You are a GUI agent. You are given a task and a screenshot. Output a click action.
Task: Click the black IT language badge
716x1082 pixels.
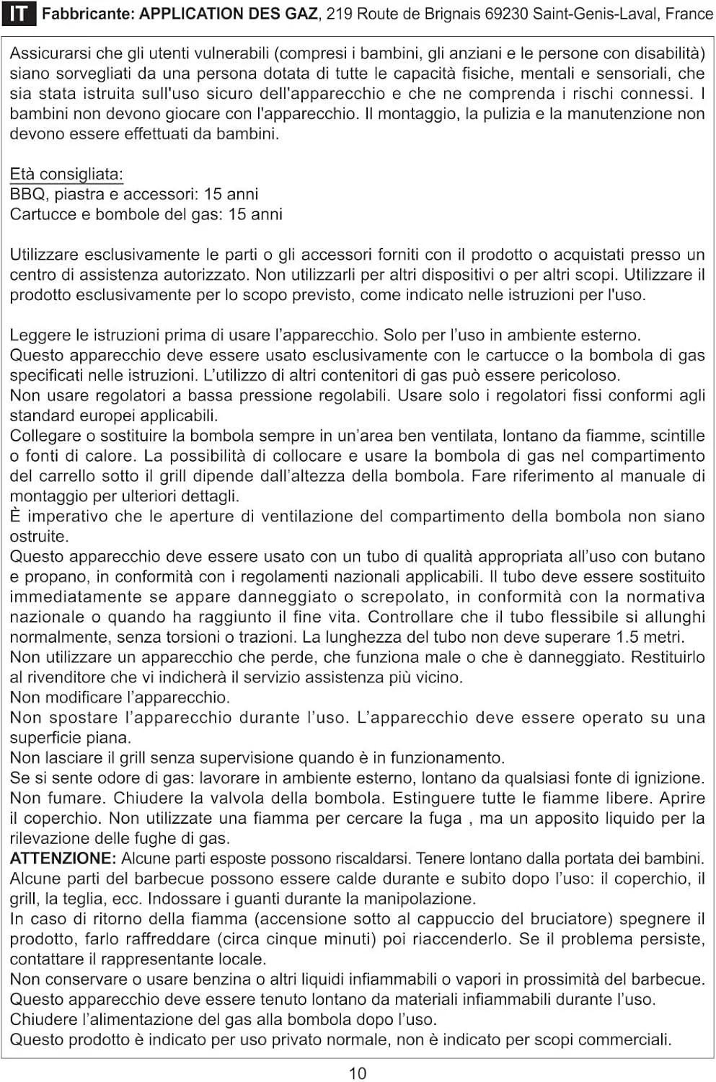point(19,14)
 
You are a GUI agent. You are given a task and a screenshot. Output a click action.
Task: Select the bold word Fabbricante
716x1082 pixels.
point(87,14)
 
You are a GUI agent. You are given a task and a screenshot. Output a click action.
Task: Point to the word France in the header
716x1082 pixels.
point(689,14)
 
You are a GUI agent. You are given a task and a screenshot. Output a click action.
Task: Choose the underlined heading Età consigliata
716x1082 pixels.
point(66,174)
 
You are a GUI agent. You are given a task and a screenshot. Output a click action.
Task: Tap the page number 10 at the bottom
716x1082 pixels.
point(358,1073)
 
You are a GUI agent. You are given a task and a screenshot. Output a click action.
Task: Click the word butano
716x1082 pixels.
point(679,556)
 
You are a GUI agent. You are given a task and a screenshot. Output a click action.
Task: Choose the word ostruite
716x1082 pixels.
point(39,536)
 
